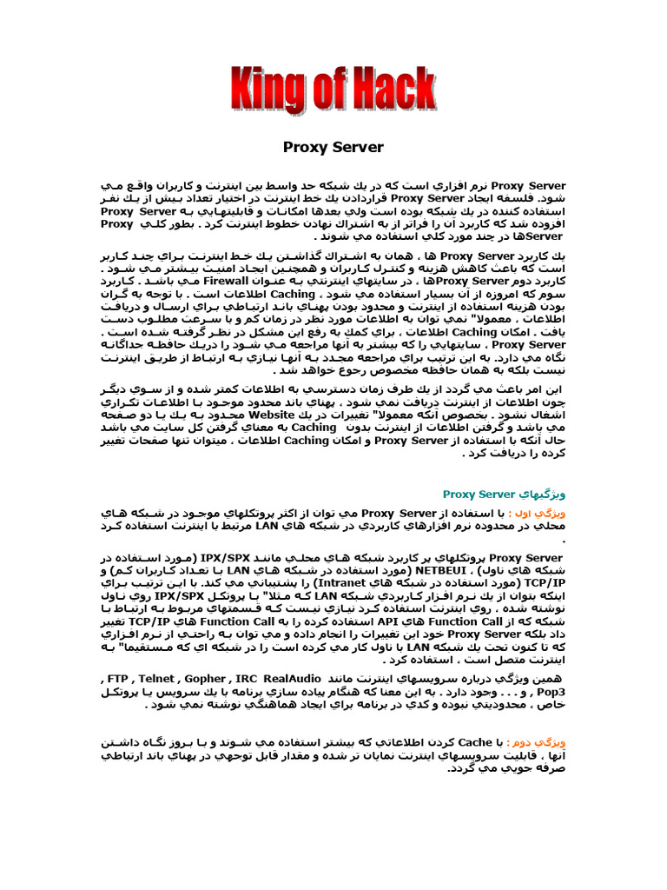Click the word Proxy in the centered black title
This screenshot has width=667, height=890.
click(305, 147)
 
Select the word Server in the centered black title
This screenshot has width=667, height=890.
click(358, 147)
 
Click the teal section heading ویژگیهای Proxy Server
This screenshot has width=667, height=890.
click(504, 494)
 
